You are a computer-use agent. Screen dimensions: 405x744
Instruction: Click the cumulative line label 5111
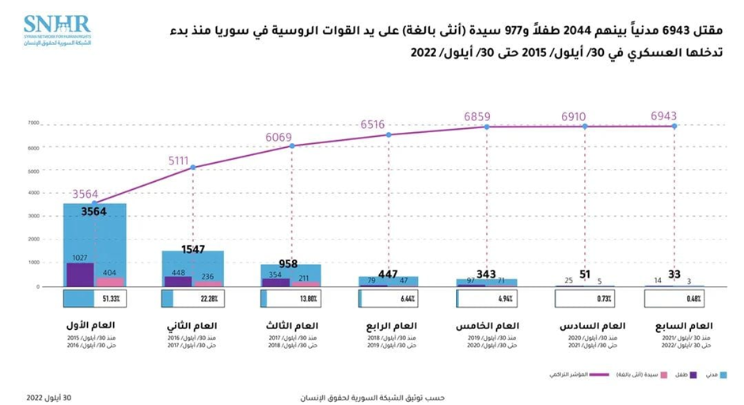180,161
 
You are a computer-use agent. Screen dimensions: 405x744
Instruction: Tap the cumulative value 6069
279,138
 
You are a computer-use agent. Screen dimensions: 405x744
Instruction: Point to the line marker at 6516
388,134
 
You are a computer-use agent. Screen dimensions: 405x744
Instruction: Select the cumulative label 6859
477,116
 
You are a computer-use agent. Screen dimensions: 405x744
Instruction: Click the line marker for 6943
674,126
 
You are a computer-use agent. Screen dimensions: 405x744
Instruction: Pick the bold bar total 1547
193,249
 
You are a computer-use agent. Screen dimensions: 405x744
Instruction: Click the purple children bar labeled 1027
79,273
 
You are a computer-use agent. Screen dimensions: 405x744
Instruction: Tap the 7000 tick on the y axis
33,123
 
